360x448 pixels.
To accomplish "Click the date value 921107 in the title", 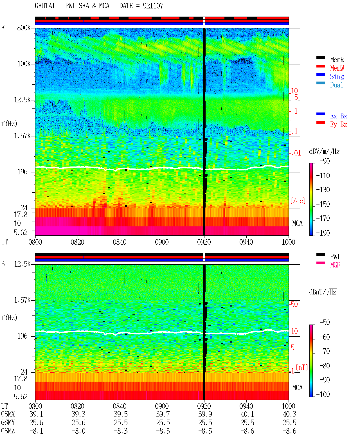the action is coord(153,6).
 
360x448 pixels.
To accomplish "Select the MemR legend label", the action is coord(337,60).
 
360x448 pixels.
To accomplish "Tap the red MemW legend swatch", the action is coord(320,66).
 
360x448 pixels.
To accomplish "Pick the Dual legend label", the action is coord(336,85).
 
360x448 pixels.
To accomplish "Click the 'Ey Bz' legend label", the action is coord(338,124).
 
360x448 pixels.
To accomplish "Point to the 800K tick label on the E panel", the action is coord(24,28).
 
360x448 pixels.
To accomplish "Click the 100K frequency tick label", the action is coord(24,64).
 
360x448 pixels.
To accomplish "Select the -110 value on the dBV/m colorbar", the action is coord(323,176).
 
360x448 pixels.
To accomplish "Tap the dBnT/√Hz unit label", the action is coord(323,292).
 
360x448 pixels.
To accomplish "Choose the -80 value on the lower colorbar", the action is coord(325,366).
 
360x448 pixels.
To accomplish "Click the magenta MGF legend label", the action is coord(335,265).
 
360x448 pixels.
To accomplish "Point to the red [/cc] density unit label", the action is coord(298,201).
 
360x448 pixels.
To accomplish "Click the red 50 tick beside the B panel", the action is coord(294,304).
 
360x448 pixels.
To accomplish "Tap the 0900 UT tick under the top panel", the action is coord(162,242).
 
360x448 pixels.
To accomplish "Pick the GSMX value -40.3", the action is coord(288,414).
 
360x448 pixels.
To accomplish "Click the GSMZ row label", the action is coord(8,431).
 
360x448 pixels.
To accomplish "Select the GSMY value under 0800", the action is coord(36,422).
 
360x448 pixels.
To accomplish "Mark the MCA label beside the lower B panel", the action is coord(297,388).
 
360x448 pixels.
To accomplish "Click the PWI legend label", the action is coord(335,256).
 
